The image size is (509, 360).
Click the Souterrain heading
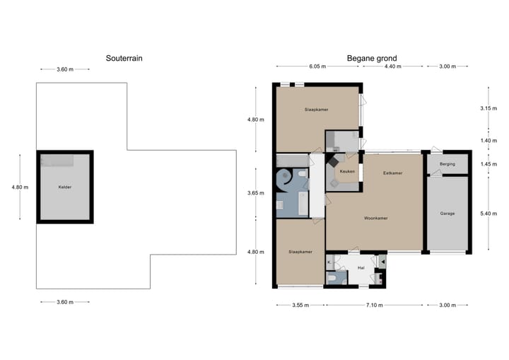click(124, 59)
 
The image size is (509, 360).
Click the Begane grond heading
click(371, 59)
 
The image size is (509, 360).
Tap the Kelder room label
click(65, 187)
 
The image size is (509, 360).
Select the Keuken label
click(346, 172)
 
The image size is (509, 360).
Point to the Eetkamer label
click(393, 173)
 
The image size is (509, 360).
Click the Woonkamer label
click(376, 218)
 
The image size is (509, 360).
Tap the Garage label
click(447, 213)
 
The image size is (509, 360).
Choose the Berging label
click(447, 164)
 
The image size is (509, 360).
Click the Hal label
click(361, 268)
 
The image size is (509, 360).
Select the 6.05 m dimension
click(317, 66)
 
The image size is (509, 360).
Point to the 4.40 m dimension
click(392, 66)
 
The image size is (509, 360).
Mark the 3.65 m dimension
click(255, 192)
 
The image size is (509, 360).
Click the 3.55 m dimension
click(300, 306)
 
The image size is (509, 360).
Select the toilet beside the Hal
click(332, 279)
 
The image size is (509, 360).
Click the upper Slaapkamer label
click(316, 110)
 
